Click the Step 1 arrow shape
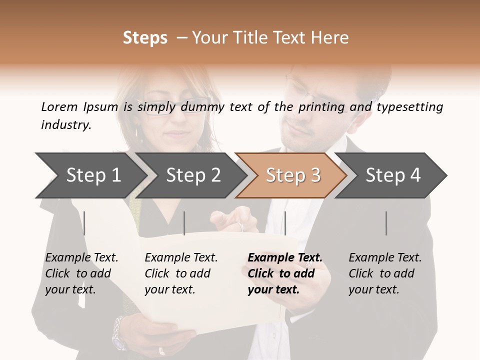(x=92, y=175)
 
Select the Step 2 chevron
(x=192, y=175)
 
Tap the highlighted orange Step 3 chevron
(x=292, y=175)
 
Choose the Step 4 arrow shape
(x=392, y=175)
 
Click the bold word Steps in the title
(x=145, y=38)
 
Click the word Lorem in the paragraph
(x=58, y=106)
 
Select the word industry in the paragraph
(x=65, y=124)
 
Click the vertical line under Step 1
(x=84, y=223)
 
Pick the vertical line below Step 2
(x=184, y=223)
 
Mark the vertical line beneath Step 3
(x=285, y=223)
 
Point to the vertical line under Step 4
(x=386, y=223)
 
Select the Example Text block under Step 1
(x=81, y=273)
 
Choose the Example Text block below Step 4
(x=385, y=273)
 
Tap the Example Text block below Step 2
(x=181, y=273)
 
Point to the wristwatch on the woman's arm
(x=119, y=332)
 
